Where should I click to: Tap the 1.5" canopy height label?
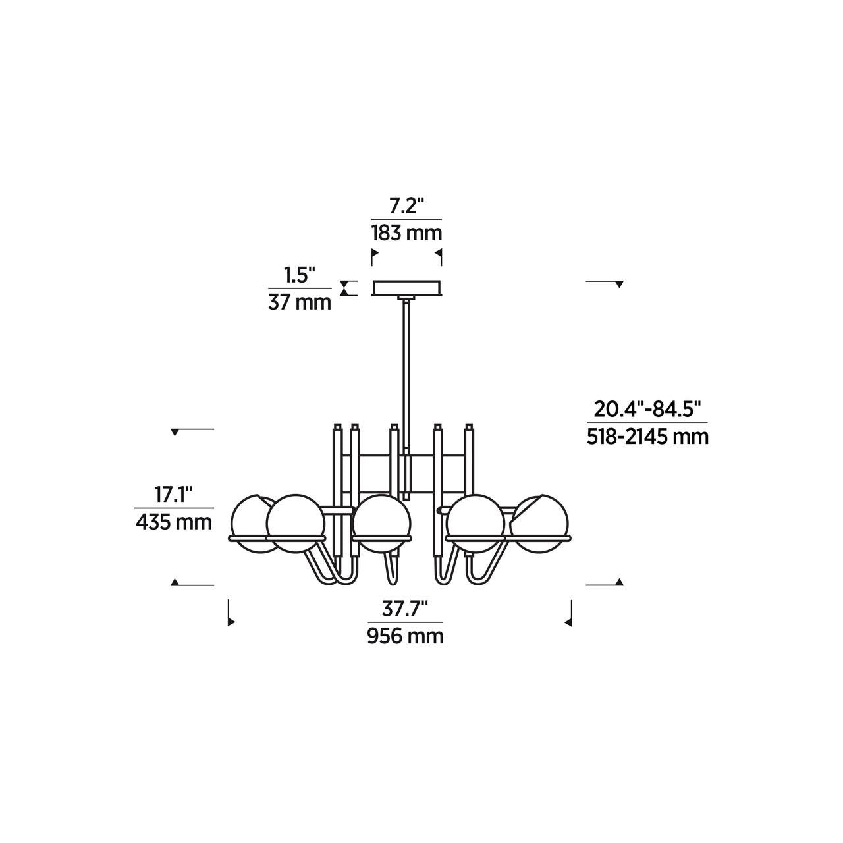coord(300,275)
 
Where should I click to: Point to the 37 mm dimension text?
coord(300,302)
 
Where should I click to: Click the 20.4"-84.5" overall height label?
coord(647,410)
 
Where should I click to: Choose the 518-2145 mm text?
coord(647,437)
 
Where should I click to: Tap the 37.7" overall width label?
coord(404,609)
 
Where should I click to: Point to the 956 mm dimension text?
coord(405,636)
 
